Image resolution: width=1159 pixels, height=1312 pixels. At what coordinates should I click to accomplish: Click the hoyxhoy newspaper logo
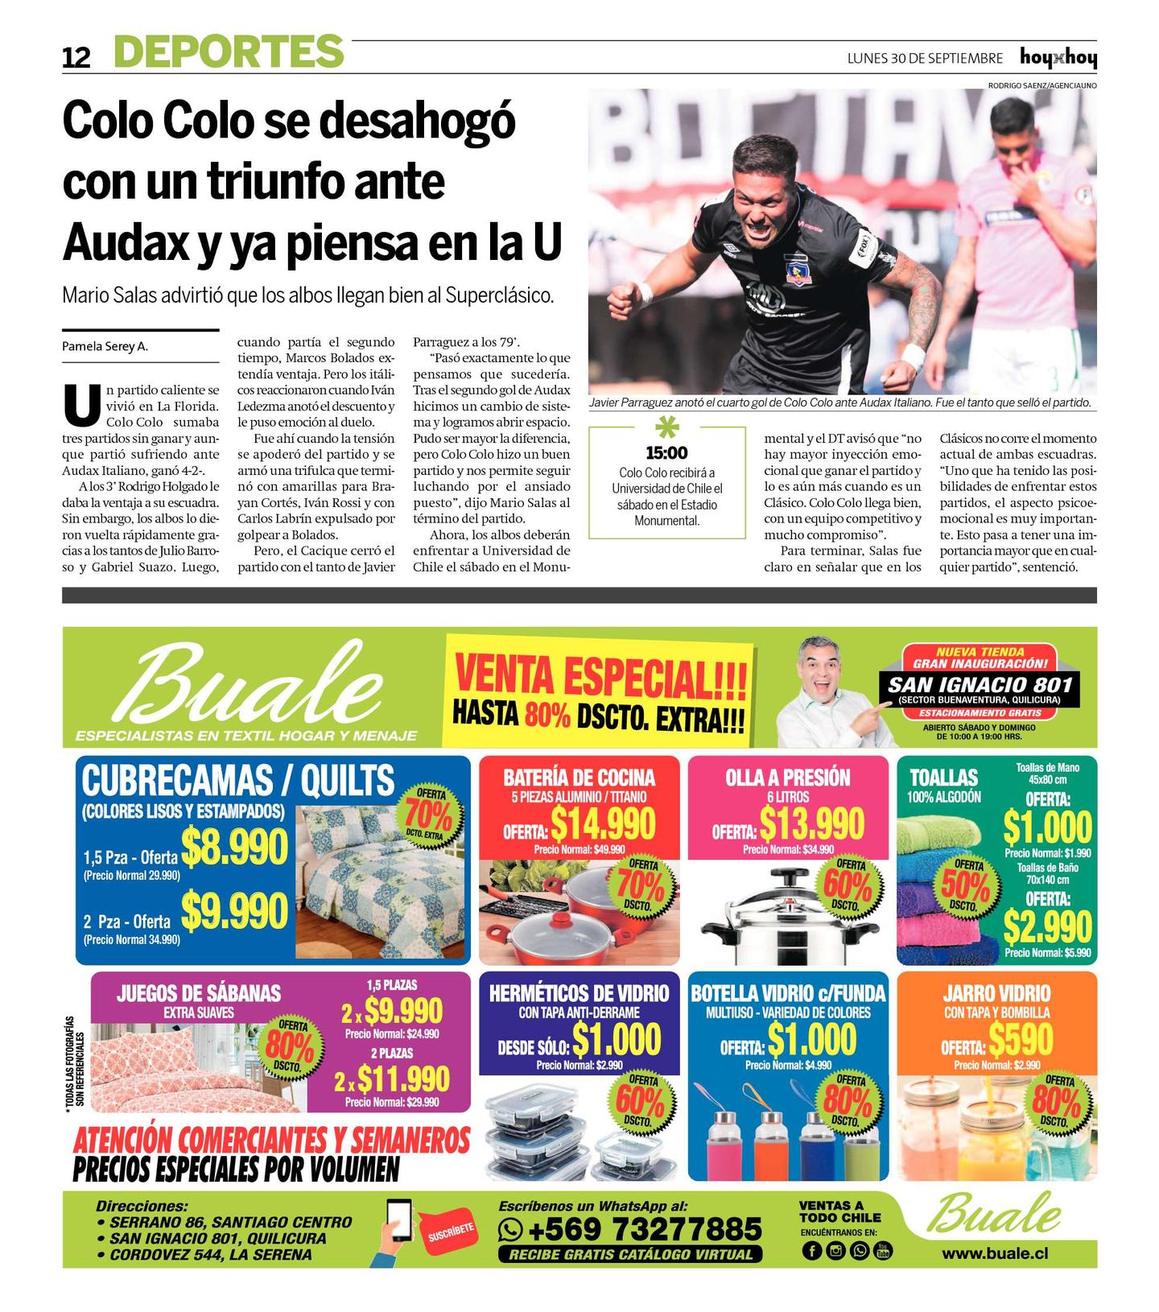tap(1058, 58)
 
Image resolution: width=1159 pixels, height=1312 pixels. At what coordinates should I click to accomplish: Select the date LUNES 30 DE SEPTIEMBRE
tap(925, 59)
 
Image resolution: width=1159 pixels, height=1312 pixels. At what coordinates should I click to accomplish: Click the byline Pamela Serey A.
tap(105, 347)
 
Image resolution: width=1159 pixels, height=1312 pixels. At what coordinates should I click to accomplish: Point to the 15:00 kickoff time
tap(667, 453)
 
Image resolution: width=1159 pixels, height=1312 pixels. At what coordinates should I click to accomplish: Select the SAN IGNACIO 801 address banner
tap(980, 685)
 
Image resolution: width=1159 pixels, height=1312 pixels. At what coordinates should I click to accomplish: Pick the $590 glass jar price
tap(1021, 1042)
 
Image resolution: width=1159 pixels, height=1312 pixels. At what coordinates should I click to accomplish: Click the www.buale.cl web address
tap(995, 1253)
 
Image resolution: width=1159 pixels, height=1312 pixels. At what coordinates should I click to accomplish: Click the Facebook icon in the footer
tap(811, 1250)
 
